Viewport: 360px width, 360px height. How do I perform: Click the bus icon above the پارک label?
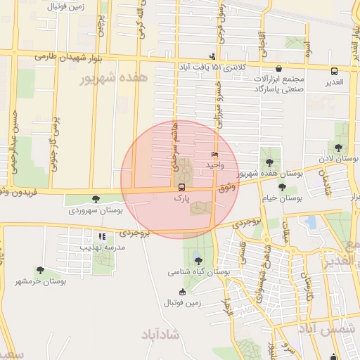[x=182, y=188]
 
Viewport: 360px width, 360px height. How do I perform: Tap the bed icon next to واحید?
[x=214, y=155]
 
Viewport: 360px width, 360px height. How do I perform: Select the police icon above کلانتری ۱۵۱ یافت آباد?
[x=213, y=56]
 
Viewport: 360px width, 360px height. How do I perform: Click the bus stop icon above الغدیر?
[x=334, y=70]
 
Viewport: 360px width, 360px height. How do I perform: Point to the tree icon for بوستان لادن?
[x=339, y=148]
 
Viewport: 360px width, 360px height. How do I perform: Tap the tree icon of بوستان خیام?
[x=282, y=187]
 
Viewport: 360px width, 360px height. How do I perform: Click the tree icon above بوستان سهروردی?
[x=96, y=199]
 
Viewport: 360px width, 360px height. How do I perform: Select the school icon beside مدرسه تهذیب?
[x=102, y=236]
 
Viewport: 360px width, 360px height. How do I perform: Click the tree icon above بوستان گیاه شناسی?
[x=196, y=258]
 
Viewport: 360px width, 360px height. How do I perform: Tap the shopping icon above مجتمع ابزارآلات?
[x=280, y=69]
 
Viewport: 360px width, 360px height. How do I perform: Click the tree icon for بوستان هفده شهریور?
[x=269, y=162]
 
